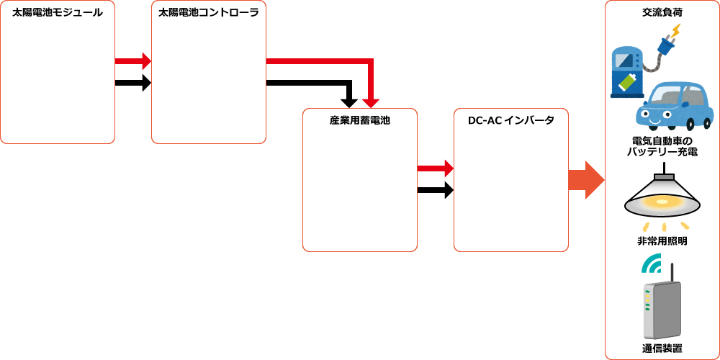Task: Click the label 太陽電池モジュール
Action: [x=58, y=12]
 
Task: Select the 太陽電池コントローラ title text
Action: [x=208, y=12]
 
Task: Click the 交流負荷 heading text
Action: [x=662, y=12]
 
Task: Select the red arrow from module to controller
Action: [x=132, y=61]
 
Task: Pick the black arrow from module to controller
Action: [x=132, y=83]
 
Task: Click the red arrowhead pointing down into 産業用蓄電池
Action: [x=371, y=99]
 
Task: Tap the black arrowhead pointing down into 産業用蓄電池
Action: [x=349, y=99]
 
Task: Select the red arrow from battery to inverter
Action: [x=435, y=168]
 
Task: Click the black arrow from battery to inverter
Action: [x=435, y=191]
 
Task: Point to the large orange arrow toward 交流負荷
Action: [x=585, y=180]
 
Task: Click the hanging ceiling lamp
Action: [x=662, y=194]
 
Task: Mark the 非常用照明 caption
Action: [x=662, y=241]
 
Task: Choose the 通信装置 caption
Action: [x=662, y=348]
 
